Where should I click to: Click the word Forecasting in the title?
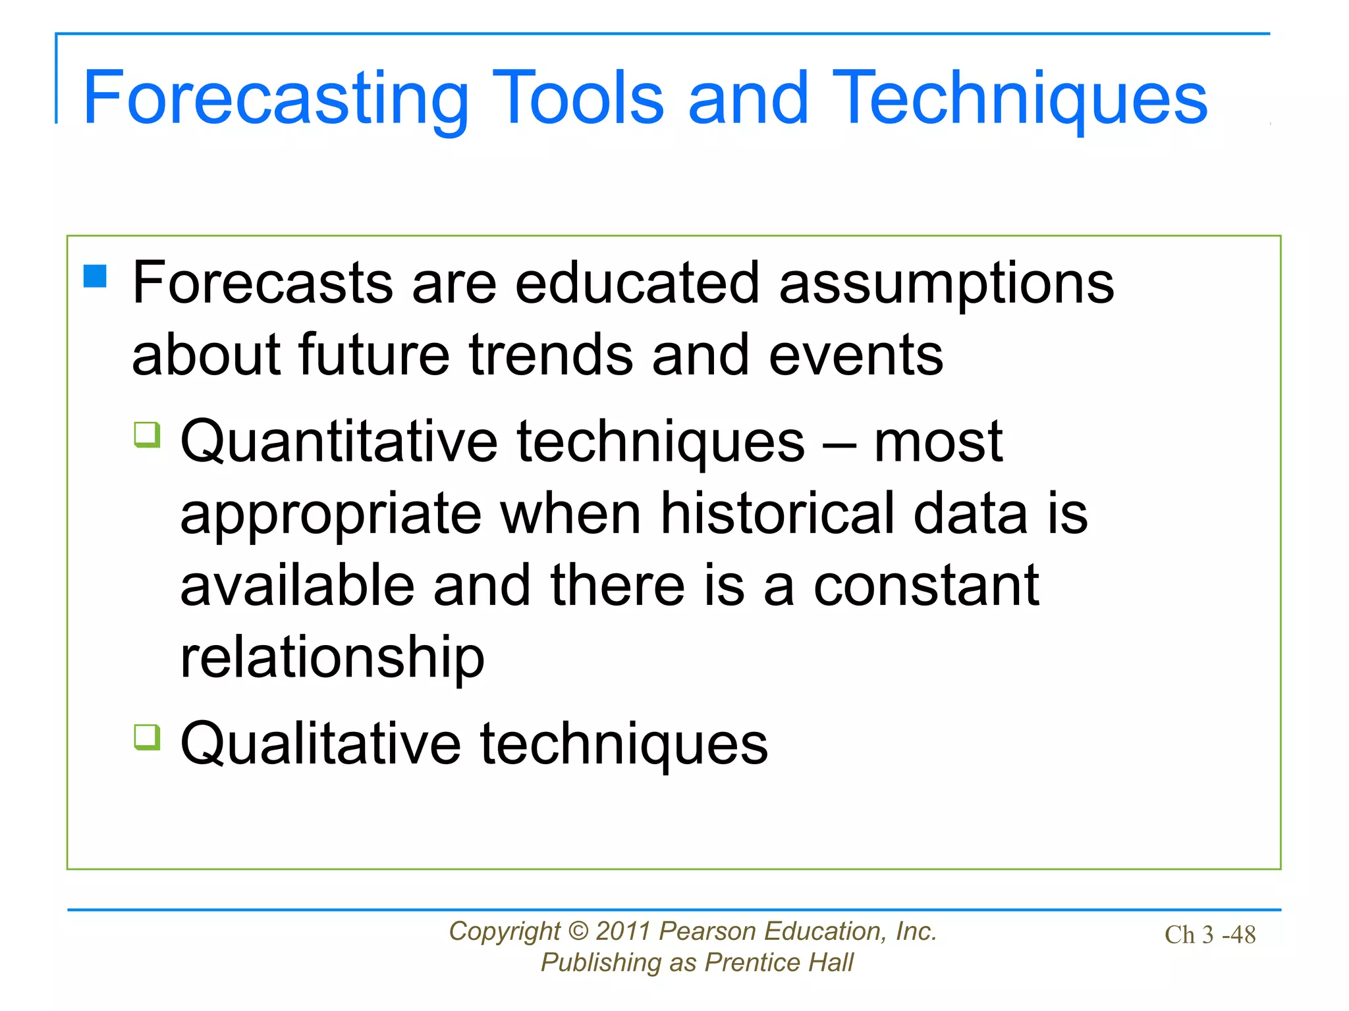(x=275, y=99)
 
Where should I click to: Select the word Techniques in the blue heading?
(x=1019, y=99)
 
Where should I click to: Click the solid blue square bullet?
(x=95, y=276)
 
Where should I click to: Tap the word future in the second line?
(x=373, y=355)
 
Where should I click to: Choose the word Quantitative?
(x=339, y=442)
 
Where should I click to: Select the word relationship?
(x=332, y=658)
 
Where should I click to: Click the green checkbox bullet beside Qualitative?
(x=147, y=737)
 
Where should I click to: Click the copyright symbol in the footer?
(x=578, y=931)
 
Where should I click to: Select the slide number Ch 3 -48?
(x=1209, y=935)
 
